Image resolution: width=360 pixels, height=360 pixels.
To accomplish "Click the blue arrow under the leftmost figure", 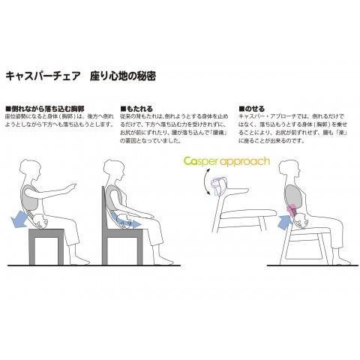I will (x=22, y=219).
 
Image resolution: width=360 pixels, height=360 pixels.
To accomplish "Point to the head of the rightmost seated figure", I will (x=290, y=169).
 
